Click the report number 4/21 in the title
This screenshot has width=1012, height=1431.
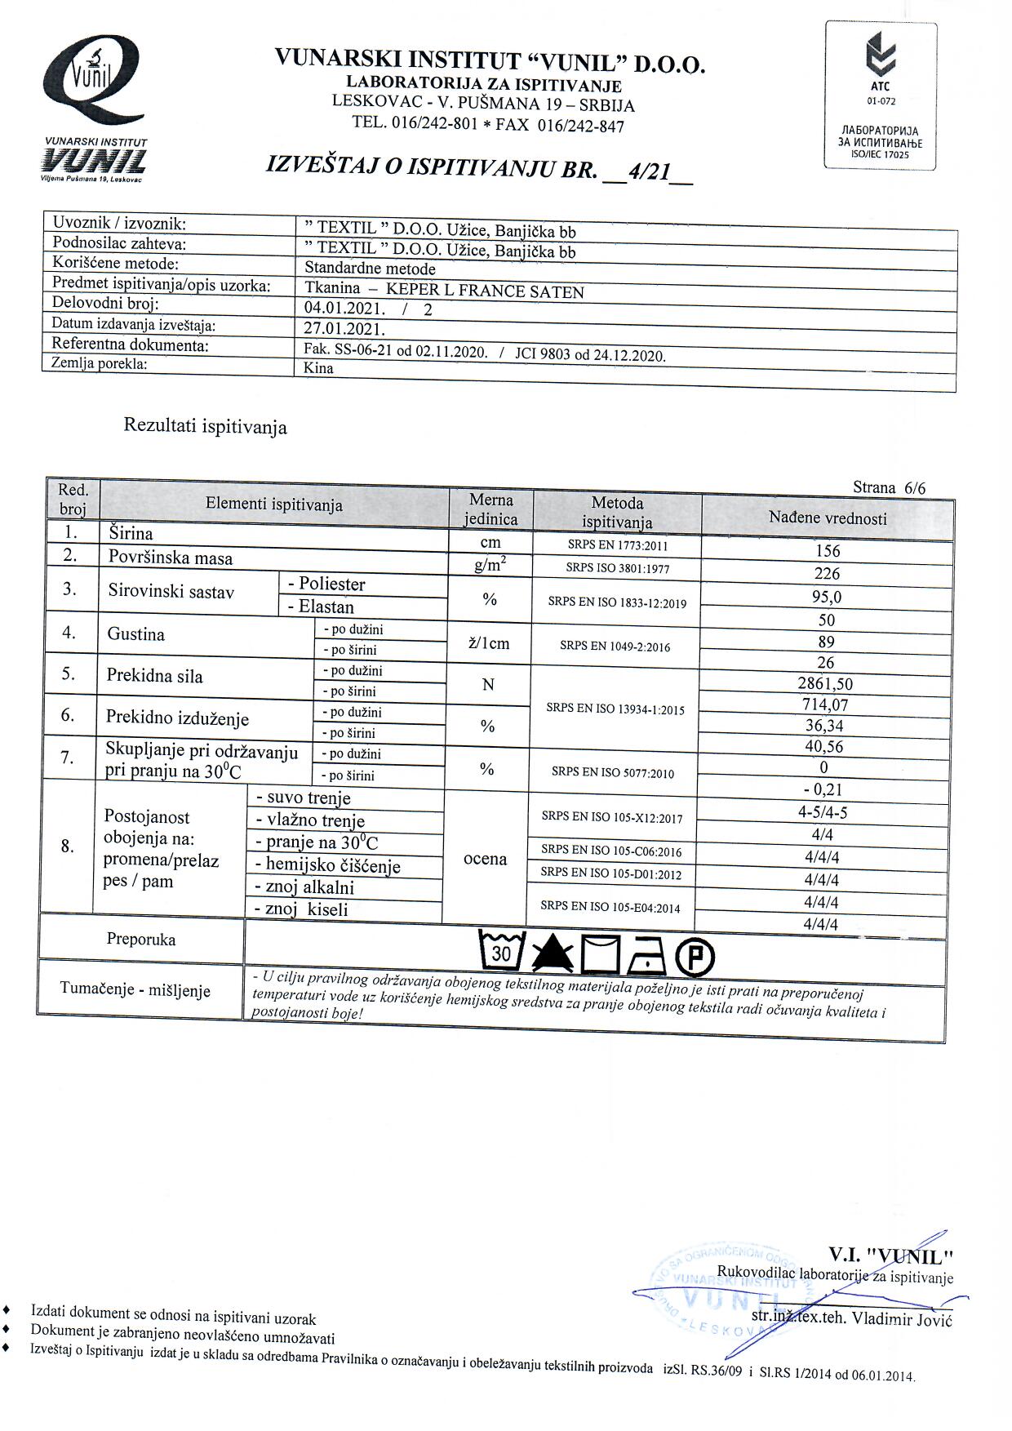point(646,172)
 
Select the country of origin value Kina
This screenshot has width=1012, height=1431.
point(318,368)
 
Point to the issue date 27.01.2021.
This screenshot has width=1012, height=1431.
point(344,329)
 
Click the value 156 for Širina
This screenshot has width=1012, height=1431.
point(828,551)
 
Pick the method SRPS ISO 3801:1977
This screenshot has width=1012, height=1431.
point(617,567)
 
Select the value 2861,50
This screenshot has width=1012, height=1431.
point(827,684)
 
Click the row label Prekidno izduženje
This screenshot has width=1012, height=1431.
point(177,718)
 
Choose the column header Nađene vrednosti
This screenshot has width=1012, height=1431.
point(828,518)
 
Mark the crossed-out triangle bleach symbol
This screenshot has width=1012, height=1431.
point(553,953)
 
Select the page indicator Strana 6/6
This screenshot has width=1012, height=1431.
point(889,488)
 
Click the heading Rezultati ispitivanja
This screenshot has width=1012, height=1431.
point(205,426)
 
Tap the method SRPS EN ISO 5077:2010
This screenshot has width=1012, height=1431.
point(613,772)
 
